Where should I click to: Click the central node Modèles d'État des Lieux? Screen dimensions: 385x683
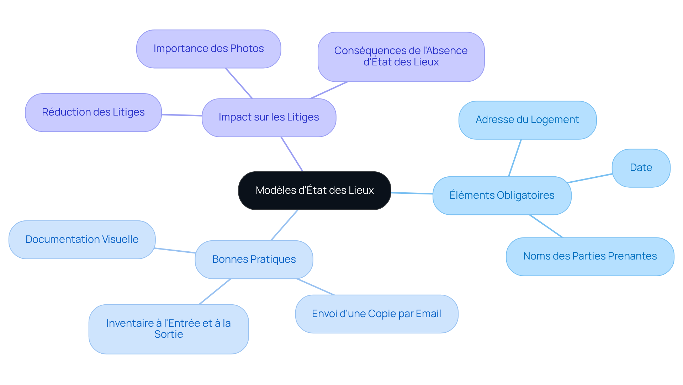pos(314,190)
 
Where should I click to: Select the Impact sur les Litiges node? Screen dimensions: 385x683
pos(269,117)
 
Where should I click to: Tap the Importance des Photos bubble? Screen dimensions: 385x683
pos(208,49)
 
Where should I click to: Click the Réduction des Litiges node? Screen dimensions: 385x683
pos(93,112)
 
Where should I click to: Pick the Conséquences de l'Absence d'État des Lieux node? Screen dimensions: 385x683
pos(401,57)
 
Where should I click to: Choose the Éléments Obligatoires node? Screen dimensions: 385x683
pos(502,195)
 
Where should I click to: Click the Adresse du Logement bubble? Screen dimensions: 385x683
pos(527,120)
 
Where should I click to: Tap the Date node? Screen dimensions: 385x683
pos(641,168)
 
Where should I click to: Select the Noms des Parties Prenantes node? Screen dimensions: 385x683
pos(589,256)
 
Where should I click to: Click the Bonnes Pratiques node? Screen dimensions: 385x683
pos(254,260)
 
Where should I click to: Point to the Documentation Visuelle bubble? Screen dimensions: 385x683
pos(82,240)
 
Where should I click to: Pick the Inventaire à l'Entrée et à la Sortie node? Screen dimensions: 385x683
pos(168,329)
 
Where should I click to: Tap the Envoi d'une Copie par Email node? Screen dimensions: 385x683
pos(376,314)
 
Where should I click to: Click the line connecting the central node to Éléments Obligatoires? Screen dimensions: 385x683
pos(412,193)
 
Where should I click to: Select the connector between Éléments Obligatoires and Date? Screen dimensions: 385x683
pos(590,178)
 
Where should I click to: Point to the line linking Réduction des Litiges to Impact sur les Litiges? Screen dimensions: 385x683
pos(182,115)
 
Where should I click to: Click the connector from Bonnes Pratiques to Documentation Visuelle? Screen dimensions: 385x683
pos(175,250)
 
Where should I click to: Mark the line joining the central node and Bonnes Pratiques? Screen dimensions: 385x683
pos(284,225)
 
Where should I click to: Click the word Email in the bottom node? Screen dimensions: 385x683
pos(428,314)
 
